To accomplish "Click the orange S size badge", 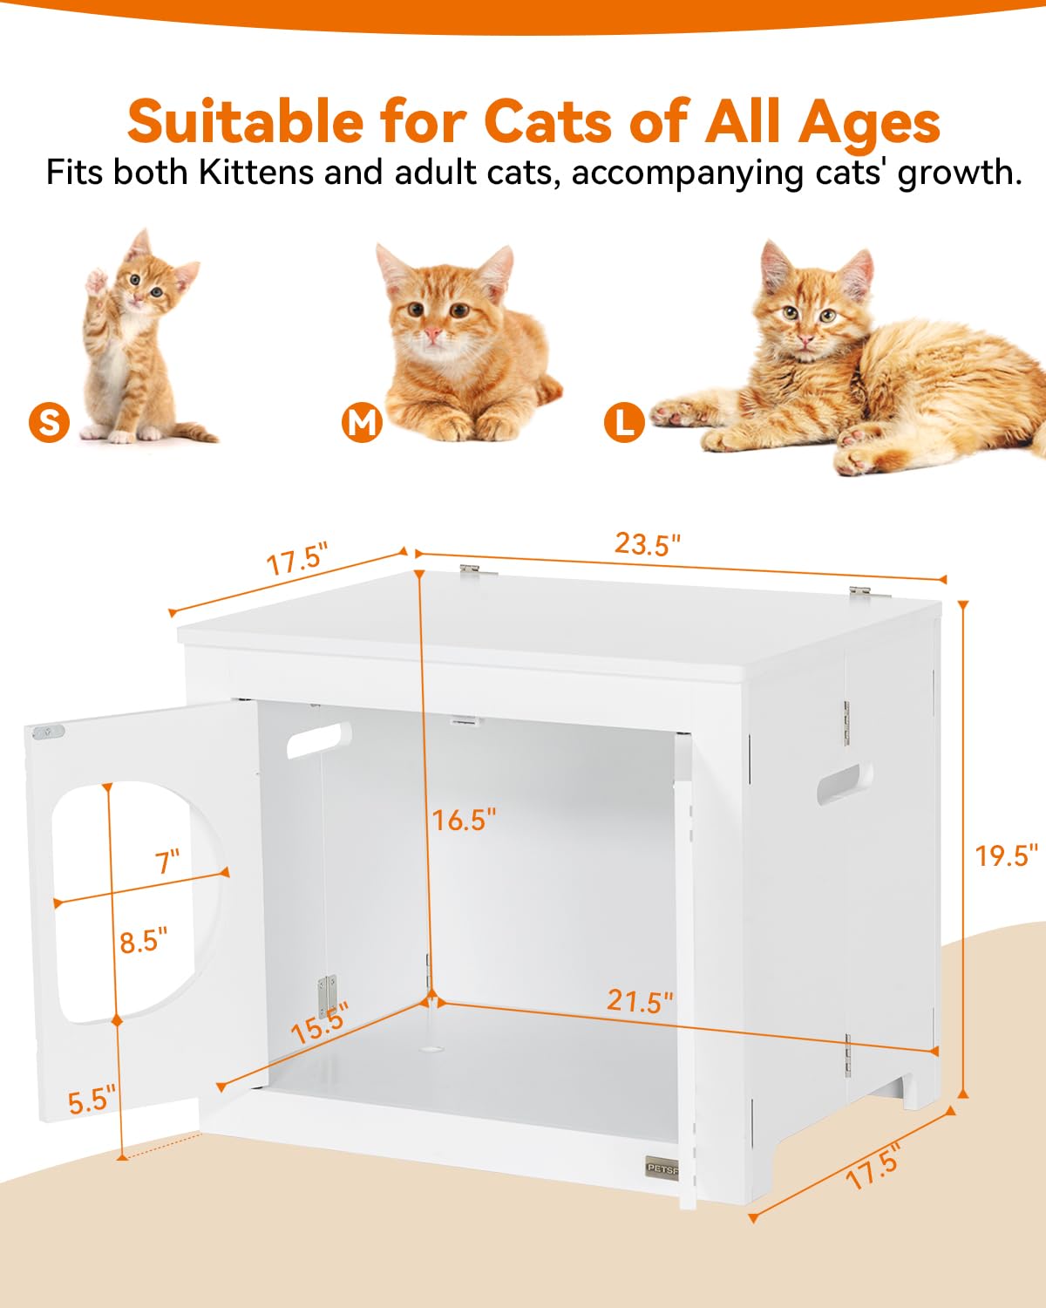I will [49, 422].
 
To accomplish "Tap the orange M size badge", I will [362, 422].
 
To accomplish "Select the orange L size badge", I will [624, 423].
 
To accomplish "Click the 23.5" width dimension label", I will [647, 544].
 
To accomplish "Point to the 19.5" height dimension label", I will [1007, 855].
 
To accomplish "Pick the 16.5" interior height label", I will [465, 820].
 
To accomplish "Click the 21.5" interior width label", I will [641, 1001].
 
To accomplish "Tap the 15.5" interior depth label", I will [320, 1023].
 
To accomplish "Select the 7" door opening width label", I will [167, 862].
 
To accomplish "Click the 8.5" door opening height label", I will [144, 941].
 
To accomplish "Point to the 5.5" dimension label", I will [92, 1100].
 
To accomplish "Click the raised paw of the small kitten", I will [96, 282].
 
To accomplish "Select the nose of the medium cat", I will [433, 334].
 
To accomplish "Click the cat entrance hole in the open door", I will [131, 898].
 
